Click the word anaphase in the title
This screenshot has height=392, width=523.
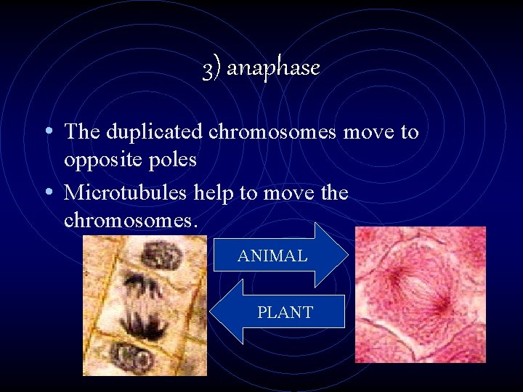click(x=273, y=68)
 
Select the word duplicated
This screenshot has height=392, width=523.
click(x=155, y=132)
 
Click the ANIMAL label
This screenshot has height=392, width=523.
click(x=272, y=256)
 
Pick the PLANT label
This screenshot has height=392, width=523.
click(x=285, y=313)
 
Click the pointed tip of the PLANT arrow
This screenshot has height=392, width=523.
click(x=211, y=312)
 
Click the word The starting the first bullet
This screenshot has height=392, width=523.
click(x=82, y=132)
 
